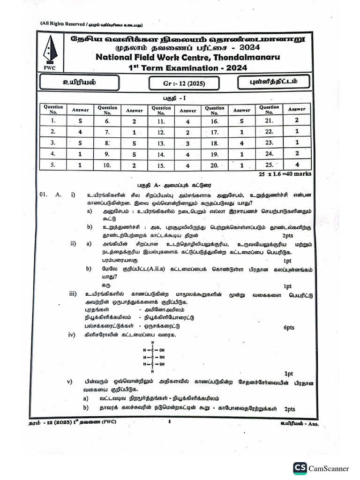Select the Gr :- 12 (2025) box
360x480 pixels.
click(184, 84)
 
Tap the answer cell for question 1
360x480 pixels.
click(80, 121)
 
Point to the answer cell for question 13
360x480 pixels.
click(187, 143)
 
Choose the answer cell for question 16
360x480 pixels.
click(242, 120)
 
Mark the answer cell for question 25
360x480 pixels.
click(296, 165)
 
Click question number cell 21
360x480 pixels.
click(269, 120)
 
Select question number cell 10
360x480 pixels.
click(107, 165)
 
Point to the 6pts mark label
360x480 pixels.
click(289, 328)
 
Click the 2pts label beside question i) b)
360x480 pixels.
click(288, 235)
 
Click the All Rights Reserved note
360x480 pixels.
click(91, 24)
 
